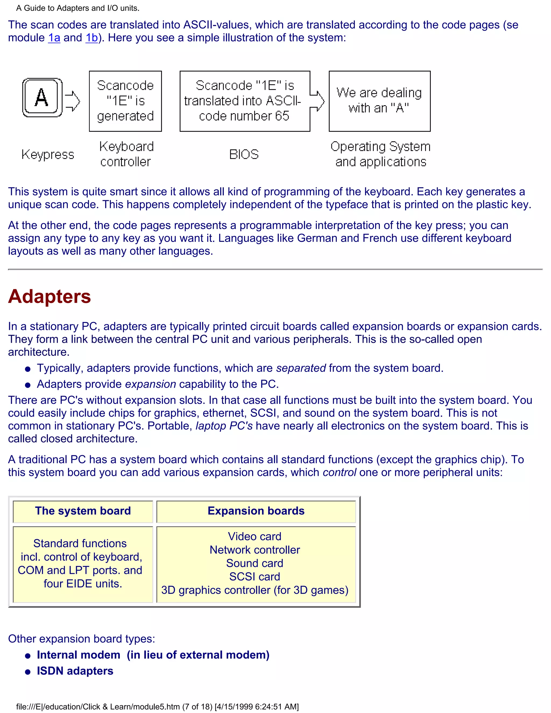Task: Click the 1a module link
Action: click(x=54, y=38)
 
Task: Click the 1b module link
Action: click(x=92, y=38)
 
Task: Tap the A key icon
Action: click(x=42, y=97)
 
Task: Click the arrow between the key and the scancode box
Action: click(x=72, y=101)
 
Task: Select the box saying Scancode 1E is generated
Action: click(x=125, y=101)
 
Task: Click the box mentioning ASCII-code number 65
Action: click(x=245, y=101)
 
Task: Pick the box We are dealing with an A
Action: click(x=379, y=101)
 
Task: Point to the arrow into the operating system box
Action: click(x=317, y=101)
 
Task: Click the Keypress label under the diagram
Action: click(x=48, y=154)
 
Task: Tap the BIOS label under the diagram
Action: click(x=244, y=154)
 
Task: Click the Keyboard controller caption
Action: click(x=126, y=154)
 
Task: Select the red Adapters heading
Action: click(x=50, y=297)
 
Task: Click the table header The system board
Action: click(x=83, y=511)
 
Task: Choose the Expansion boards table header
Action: click(x=256, y=511)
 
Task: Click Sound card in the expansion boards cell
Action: click(x=255, y=563)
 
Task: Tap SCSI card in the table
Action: click(x=255, y=577)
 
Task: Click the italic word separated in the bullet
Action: click(x=301, y=368)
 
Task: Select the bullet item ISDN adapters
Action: click(x=75, y=671)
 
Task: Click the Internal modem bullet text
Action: click(x=78, y=655)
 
